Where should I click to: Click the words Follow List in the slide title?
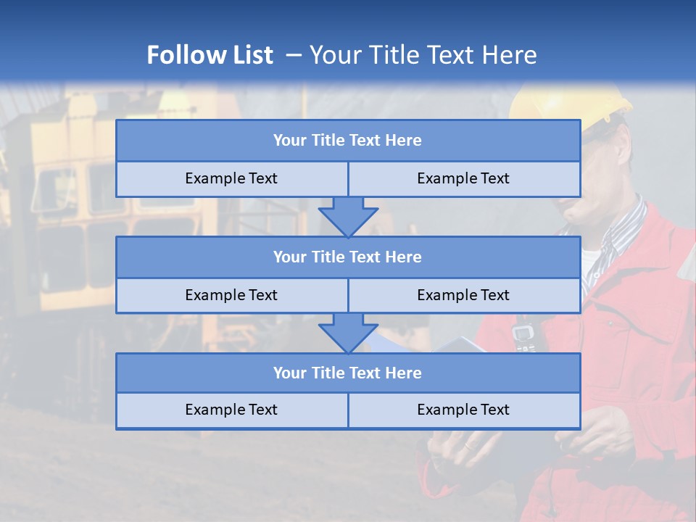coord(210,55)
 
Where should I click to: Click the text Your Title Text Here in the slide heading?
coord(423,55)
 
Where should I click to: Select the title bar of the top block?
coord(348,141)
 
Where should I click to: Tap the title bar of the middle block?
coord(348,257)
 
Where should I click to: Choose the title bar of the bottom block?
coord(348,373)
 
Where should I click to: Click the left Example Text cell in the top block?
coord(231,178)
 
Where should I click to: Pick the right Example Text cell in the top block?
coord(463,178)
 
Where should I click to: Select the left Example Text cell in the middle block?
coord(231,295)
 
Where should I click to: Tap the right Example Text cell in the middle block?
coord(463,295)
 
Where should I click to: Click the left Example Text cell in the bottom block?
coord(231,410)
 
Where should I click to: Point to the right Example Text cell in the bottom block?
coord(463,410)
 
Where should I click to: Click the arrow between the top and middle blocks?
coord(348,217)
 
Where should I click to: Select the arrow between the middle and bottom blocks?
coord(348,333)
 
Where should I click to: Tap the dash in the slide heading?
coord(294,55)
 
